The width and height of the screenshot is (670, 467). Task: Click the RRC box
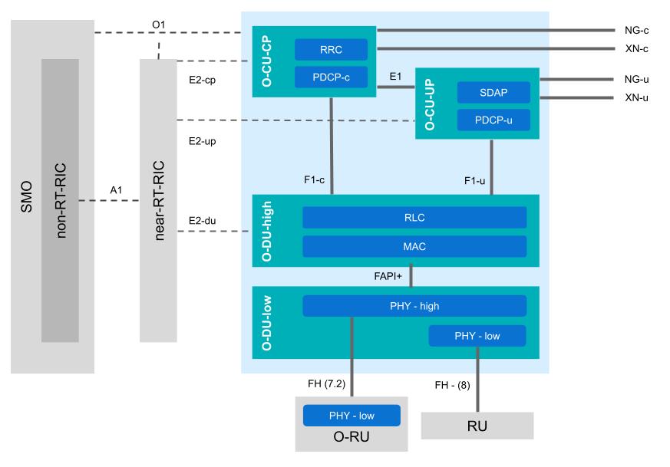[332, 50]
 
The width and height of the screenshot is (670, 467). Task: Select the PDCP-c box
[332, 77]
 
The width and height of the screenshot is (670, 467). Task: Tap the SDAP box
[493, 93]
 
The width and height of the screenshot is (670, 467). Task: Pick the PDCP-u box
[493, 120]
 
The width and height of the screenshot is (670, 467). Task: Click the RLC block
[414, 218]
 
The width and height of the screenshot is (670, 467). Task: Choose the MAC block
[414, 246]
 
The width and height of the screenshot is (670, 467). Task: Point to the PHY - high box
[414, 306]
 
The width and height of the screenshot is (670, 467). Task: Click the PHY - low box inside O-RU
[352, 416]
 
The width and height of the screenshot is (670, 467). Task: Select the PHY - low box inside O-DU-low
[477, 336]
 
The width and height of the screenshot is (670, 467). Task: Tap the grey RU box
[477, 426]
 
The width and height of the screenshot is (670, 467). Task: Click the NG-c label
[638, 31]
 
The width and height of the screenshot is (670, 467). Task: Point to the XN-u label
[638, 97]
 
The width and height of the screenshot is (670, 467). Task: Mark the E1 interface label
[396, 77]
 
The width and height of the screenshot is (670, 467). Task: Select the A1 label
[117, 189]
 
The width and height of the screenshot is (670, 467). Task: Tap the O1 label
[159, 24]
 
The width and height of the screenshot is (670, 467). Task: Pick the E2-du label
[201, 222]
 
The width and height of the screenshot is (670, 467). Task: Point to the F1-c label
[314, 180]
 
